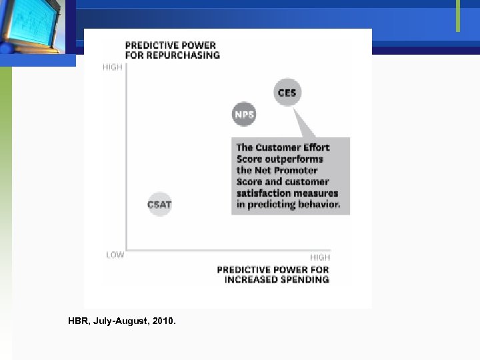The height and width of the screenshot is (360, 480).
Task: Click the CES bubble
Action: coord(287,93)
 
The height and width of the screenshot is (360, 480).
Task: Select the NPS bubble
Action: coord(244,115)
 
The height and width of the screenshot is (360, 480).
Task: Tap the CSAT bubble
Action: coord(159,204)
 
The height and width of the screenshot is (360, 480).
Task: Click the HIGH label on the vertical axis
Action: coord(113,67)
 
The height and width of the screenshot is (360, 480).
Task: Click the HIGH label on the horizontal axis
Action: coord(320,257)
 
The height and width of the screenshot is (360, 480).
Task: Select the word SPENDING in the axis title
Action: coord(305,279)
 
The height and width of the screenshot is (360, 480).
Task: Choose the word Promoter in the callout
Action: coord(296,170)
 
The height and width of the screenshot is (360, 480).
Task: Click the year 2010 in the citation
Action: coord(164,321)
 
